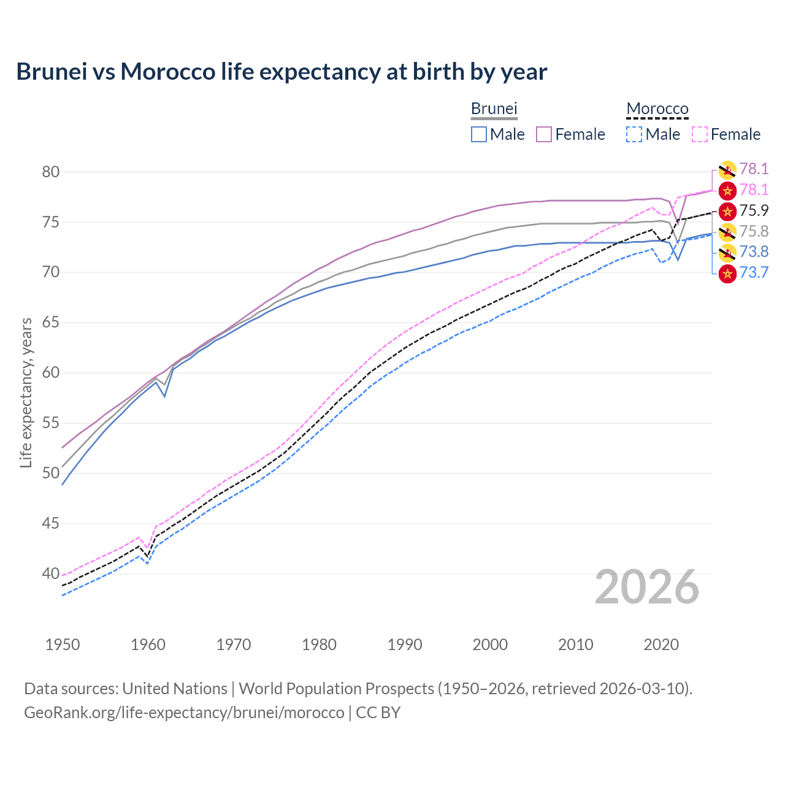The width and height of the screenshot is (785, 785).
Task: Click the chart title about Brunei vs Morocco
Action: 281,72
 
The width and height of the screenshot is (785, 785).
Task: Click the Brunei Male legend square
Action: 479,134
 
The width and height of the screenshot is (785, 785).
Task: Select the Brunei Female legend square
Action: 545,134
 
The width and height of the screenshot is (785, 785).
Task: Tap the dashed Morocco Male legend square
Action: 634,134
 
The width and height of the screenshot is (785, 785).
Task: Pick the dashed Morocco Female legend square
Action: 700,134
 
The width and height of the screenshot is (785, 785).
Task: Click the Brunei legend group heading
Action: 494,109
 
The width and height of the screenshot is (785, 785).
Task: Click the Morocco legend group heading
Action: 657,109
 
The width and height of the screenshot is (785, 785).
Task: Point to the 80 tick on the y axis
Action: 51,172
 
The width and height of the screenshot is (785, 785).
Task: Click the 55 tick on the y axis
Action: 51,423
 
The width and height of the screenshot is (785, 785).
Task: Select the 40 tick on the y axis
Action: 51,574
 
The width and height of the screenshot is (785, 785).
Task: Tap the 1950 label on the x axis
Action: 63,645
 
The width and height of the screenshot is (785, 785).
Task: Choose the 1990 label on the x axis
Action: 405,645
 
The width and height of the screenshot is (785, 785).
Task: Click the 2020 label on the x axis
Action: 661,645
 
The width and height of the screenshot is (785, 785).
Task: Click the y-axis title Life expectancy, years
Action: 26,392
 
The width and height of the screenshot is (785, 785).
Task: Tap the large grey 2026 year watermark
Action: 647,587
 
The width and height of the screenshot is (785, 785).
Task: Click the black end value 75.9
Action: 754,211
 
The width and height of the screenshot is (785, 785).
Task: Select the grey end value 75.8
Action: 754,231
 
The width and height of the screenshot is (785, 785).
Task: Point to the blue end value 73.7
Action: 754,272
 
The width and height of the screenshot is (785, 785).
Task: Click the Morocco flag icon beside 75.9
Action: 727,212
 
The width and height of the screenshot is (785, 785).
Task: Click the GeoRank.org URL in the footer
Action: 184,713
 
